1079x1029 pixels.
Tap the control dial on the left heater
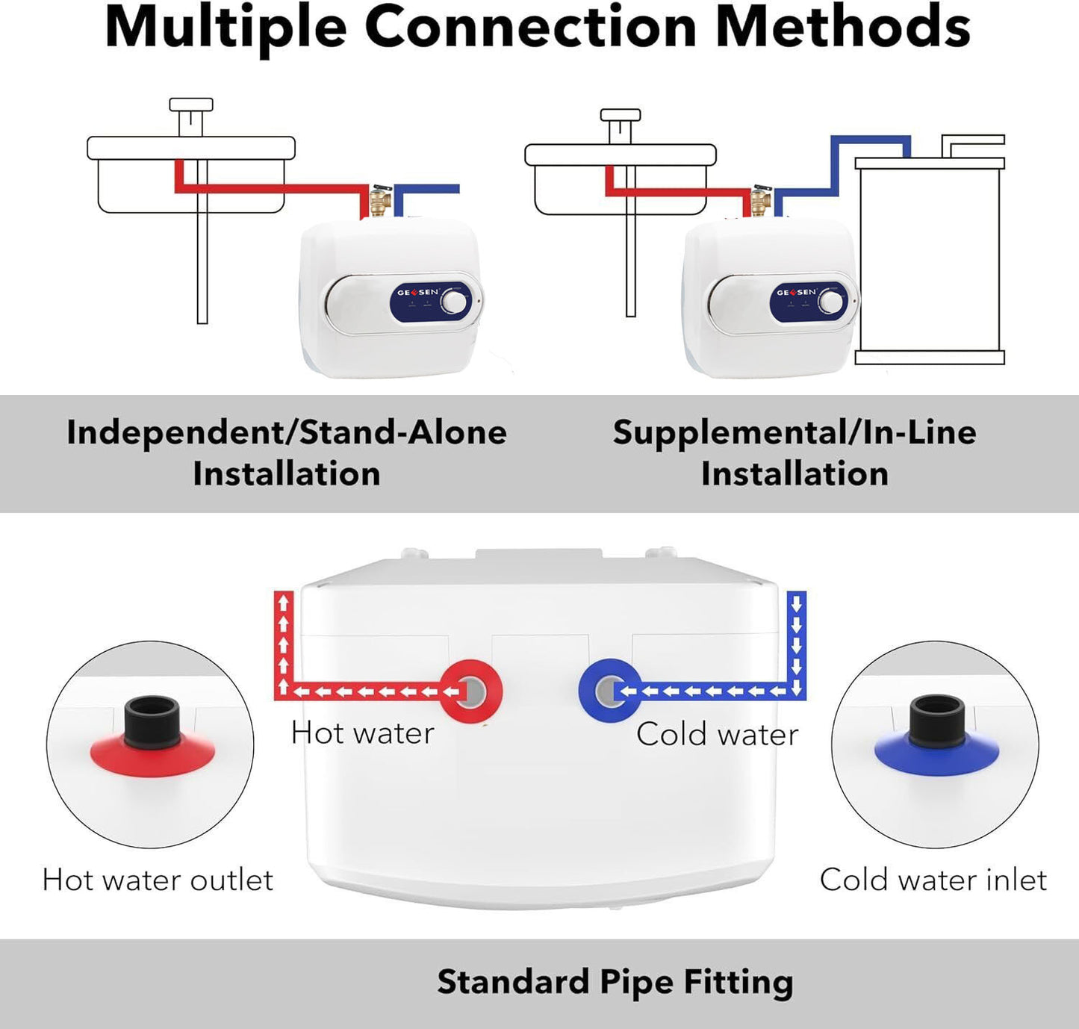[453, 302]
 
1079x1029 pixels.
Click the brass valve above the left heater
[380, 201]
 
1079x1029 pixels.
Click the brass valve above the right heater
[761, 201]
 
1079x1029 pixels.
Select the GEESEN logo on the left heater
[417, 292]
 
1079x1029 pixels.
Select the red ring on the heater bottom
[470, 691]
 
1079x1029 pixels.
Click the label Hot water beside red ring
[363, 733]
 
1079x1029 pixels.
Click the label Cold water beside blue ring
[717, 735]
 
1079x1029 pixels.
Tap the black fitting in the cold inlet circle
[937, 718]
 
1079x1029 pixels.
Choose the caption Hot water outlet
[158, 880]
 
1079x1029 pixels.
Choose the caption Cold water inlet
[933, 880]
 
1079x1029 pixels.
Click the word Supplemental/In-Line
[795, 432]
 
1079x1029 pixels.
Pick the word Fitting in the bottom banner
[738, 982]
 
